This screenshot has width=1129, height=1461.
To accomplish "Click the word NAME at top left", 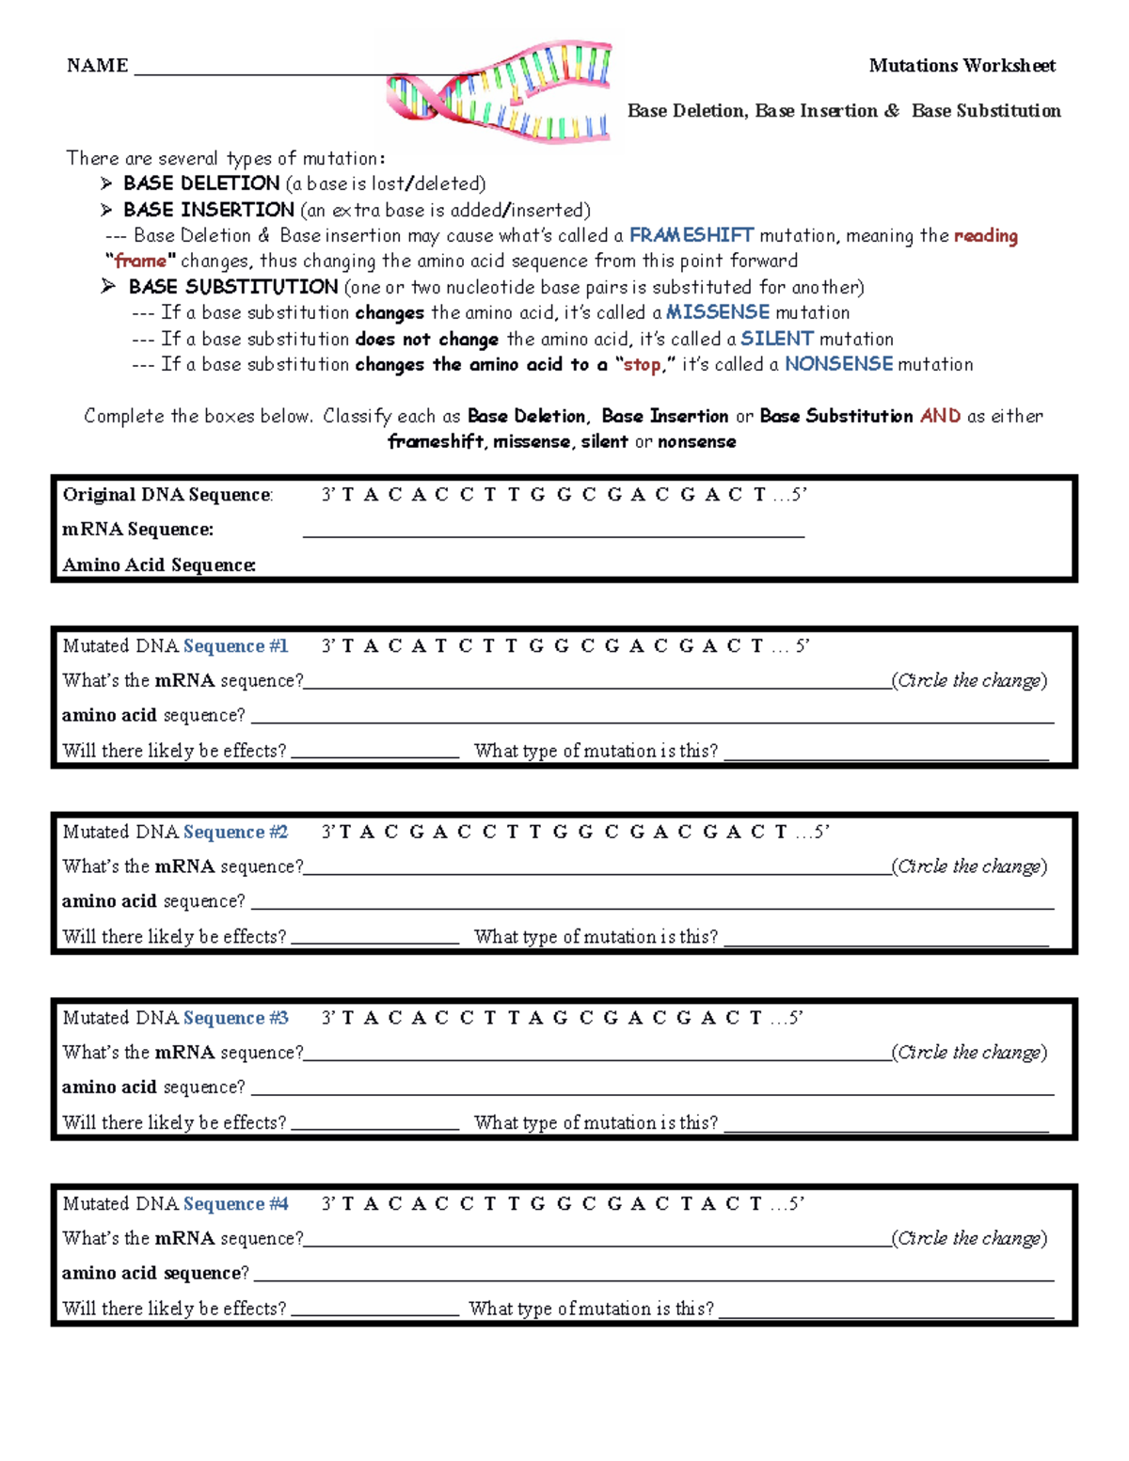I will click(97, 65).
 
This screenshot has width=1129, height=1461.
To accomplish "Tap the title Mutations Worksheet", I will click(962, 65).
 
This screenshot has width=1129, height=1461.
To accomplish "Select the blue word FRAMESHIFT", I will click(692, 235).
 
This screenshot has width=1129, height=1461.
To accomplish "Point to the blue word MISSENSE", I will click(718, 312).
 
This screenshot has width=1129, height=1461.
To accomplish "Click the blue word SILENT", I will click(776, 339).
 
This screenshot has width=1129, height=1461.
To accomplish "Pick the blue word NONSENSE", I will click(838, 364).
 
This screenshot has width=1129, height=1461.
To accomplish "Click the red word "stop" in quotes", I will click(642, 365).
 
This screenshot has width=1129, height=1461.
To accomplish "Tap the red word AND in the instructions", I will click(940, 416).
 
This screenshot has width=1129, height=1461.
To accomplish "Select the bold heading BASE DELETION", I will click(201, 183).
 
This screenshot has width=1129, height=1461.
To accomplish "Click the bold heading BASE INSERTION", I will click(209, 210).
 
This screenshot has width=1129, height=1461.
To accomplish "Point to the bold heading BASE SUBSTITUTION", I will click(233, 287).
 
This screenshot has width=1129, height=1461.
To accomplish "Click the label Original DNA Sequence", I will click(167, 495).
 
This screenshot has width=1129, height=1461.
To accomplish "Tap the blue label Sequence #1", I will click(235, 646).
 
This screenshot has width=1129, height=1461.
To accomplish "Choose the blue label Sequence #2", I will click(235, 833).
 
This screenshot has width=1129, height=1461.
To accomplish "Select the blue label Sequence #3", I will click(235, 1018).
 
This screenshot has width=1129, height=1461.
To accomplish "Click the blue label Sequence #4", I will click(235, 1204).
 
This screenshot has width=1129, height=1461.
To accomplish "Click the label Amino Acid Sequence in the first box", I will click(159, 565).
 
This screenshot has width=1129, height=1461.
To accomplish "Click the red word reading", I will click(985, 236).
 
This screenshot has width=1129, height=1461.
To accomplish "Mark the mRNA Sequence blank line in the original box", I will click(553, 532).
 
